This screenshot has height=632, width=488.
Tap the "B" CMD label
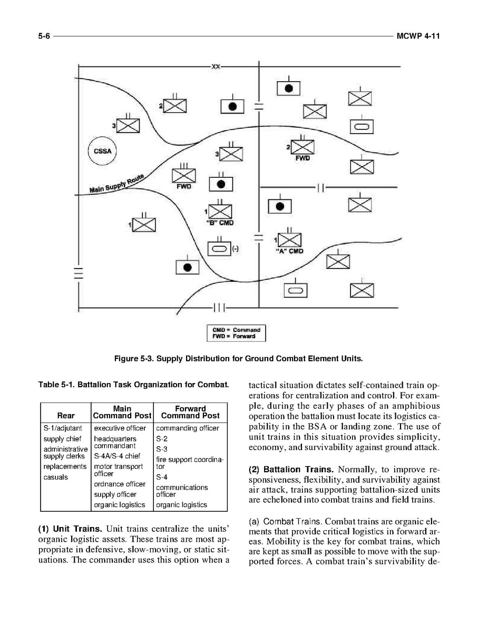[220, 222]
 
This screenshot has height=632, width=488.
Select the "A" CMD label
[290, 251]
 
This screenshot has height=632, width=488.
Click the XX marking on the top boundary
[216, 66]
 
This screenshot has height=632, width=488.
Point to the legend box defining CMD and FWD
[236, 333]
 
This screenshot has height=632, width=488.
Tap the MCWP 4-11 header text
[418, 36]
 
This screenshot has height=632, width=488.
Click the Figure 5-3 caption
[239, 359]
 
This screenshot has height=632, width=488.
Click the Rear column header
[66, 416]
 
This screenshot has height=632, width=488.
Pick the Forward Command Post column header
[190, 412]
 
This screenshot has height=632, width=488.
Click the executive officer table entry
[120, 428]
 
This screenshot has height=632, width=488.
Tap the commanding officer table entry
[187, 428]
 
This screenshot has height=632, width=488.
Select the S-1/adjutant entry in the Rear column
[63, 428]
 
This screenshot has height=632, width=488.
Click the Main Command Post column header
[122, 412]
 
